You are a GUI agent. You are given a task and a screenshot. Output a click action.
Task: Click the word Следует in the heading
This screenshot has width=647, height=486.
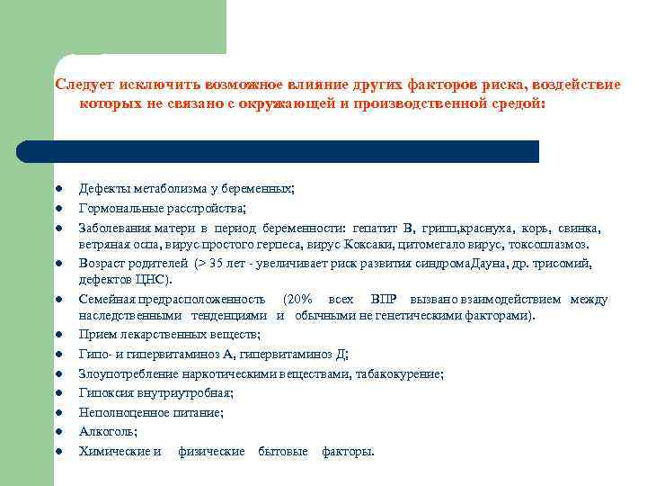(83, 85)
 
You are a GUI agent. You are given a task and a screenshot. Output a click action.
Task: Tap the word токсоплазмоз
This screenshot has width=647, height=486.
(548, 244)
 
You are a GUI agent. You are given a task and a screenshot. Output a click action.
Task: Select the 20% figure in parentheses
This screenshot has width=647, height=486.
(298, 300)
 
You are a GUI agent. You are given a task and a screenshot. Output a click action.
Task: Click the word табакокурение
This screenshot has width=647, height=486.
(399, 373)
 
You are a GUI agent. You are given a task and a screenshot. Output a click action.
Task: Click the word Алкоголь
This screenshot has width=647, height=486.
(102, 432)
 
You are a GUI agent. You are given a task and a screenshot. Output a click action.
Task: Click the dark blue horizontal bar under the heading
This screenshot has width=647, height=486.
(279, 151)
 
